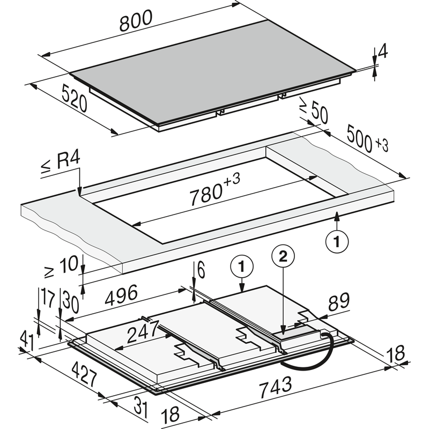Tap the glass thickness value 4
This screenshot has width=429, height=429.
click(x=382, y=52)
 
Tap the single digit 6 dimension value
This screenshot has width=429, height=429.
click(x=201, y=271)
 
